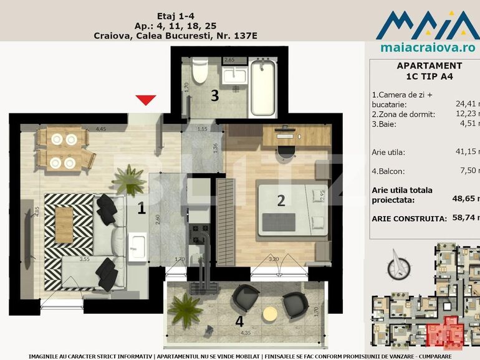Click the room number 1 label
(x=142, y=209)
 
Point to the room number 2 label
(x=281, y=200)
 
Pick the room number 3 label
(x=214, y=96)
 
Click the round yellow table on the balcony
(x=270, y=313)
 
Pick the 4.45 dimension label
(x=101, y=129)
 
